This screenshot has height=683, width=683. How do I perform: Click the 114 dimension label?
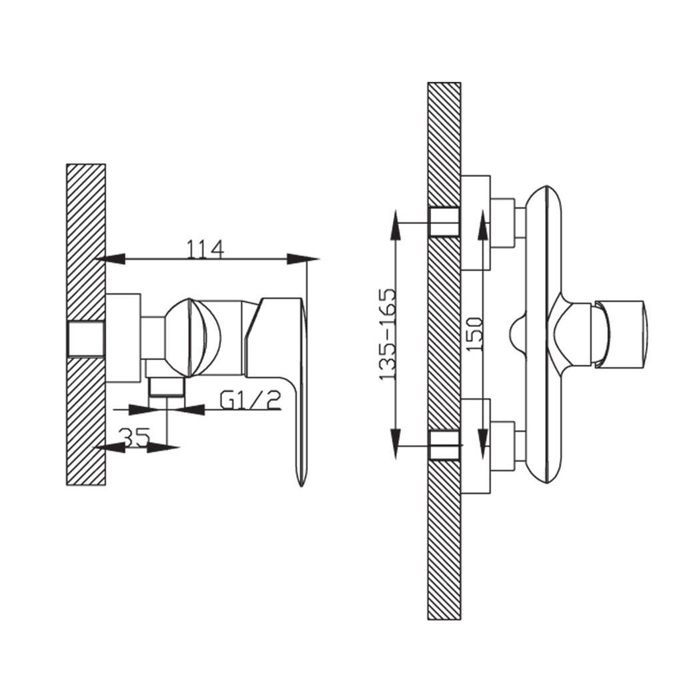[x=205, y=249]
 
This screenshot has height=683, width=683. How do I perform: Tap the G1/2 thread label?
[x=252, y=400]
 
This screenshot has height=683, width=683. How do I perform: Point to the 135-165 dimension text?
[x=388, y=334]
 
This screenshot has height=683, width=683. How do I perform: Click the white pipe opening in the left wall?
[x=86, y=339]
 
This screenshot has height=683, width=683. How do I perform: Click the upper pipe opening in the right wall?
[x=444, y=221]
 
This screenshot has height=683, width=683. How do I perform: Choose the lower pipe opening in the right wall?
[x=444, y=446]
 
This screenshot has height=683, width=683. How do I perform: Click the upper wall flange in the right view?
[x=476, y=222]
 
